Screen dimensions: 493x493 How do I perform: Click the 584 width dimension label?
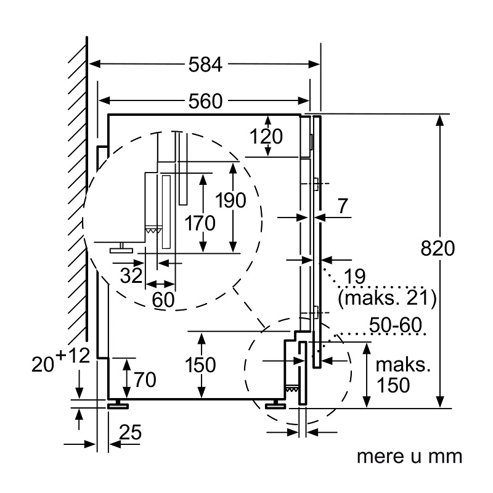[205, 65]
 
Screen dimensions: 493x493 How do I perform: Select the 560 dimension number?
[205, 101]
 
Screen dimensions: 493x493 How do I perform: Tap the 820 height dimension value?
[438, 248]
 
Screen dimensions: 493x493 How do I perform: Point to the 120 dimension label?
[266, 136]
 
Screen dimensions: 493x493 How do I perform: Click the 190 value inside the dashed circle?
[230, 200]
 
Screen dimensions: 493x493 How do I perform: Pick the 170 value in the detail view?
[200, 223]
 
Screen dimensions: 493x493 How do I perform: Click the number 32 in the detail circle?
[131, 275]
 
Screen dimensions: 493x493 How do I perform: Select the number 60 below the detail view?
[163, 299]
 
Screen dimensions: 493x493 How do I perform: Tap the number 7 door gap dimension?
[342, 206]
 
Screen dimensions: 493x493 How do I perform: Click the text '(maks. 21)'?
[387, 298]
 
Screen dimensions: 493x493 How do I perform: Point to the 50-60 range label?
[395, 325]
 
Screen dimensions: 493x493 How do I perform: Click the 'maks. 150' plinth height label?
[402, 375]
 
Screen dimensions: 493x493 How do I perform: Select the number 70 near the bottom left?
[145, 380]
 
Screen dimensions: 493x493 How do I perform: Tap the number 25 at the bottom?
[131, 432]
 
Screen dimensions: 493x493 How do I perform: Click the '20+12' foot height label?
[60, 361]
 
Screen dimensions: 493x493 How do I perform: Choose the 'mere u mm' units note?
[409, 456]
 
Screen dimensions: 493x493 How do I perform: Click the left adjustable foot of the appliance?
[118, 404]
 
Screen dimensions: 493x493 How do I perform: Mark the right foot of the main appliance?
[275, 404]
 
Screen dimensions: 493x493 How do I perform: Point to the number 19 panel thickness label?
[354, 276]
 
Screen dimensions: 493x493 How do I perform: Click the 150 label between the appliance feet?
[200, 365]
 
